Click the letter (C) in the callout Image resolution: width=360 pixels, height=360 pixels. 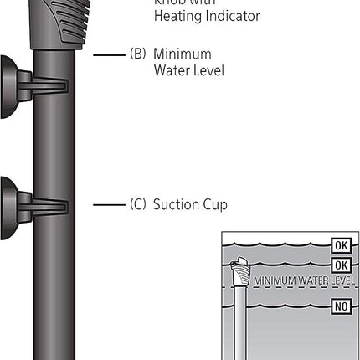[138, 204]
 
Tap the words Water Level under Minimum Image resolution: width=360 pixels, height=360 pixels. [188, 71]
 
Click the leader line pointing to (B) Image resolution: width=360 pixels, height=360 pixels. [108, 55]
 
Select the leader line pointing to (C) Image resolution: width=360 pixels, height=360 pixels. [108, 204]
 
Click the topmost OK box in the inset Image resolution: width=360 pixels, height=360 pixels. [340, 245]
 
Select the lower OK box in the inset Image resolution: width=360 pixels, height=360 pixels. [340, 265]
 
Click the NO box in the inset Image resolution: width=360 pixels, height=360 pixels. [340, 306]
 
